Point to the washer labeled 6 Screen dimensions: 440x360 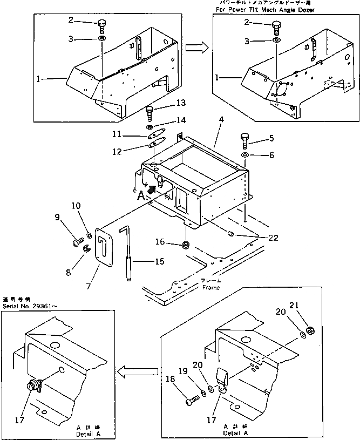point(245,155)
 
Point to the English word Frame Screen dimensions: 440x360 point(211,288)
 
